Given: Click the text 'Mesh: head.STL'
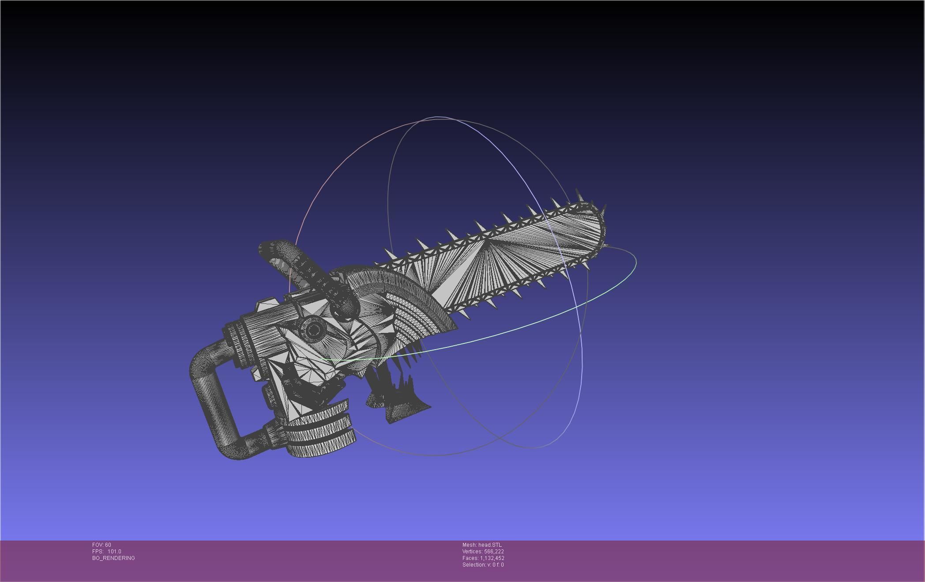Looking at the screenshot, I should tap(481, 545).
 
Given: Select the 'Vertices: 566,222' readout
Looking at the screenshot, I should tap(483, 551).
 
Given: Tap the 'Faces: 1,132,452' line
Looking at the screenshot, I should tap(483, 558).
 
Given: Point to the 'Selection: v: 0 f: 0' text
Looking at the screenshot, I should tap(483, 564).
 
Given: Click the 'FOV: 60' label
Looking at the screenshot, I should tap(102, 545).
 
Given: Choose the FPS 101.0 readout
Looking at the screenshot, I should tap(106, 551).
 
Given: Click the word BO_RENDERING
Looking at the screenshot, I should tap(113, 558).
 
